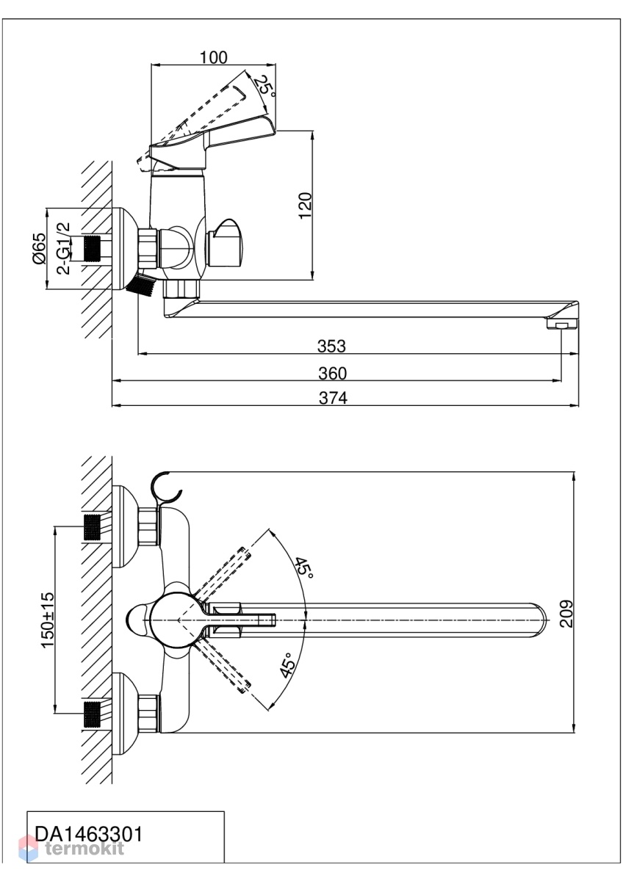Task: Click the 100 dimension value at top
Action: tap(214, 57)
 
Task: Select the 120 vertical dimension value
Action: tap(306, 206)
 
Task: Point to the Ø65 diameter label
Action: tap(40, 248)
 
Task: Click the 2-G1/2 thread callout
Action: tap(64, 248)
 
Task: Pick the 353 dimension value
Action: tap(332, 346)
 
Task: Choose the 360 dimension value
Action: tap(333, 373)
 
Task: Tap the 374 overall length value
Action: tap(333, 398)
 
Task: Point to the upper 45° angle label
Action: tap(305, 567)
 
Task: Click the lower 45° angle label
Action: tap(288, 665)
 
